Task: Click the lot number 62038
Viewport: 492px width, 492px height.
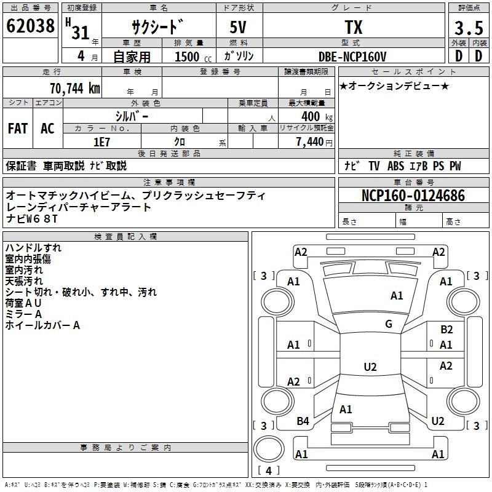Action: pyautogui.click(x=31, y=26)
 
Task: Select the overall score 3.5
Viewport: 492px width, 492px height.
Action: pyautogui.click(x=468, y=28)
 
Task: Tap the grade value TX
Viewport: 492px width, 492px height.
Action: pyautogui.click(x=353, y=28)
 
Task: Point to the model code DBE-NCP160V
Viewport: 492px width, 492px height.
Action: pyautogui.click(x=352, y=57)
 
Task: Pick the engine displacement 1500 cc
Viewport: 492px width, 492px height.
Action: pyautogui.click(x=188, y=57)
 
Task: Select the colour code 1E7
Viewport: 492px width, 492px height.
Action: pyautogui.click(x=101, y=141)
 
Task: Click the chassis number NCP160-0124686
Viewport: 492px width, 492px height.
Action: pyautogui.click(x=413, y=196)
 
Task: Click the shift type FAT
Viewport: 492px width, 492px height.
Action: pyautogui.click(x=18, y=129)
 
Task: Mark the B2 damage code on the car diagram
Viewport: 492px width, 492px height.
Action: pyautogui.click(x=446, y=330)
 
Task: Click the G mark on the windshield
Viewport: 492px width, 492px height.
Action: pyautogui.click(x=388, y=324)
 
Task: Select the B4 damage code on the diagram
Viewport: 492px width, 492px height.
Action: pyautogui.click(x=303, y=421)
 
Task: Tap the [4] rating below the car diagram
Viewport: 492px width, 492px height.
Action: pyautogui.click(x=269, y=470)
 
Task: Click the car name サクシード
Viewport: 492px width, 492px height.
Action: pyautogui.click(x=157, y=28)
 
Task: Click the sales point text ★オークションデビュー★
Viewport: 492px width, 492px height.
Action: pyautogui.click(x=394, y=85)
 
